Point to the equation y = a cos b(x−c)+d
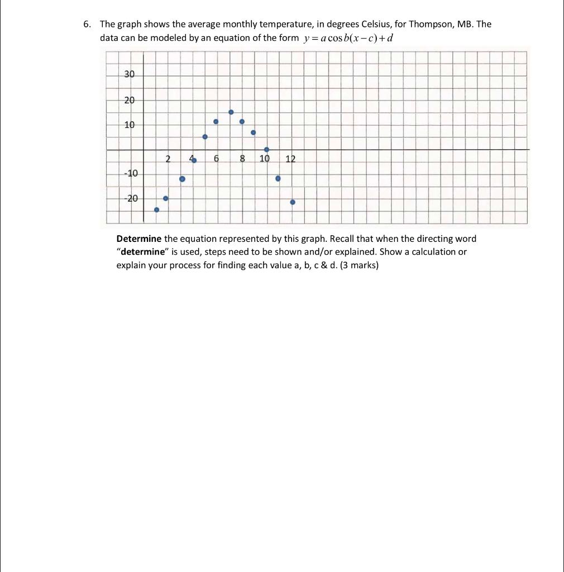coord(351,38)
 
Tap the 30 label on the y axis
coord(129,74)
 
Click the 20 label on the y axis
coord(129,100)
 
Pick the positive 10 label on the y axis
coord(129,125)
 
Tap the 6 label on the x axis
coord(216,159)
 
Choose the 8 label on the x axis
coord(242,159)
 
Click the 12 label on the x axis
coord(290,159)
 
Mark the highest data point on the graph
coord(231,112)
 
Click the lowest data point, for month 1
coord(156,210)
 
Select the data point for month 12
coord(293,202)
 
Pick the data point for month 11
coord(278,179)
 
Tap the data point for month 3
coord(182,179)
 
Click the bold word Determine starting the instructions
coord(138,239)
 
